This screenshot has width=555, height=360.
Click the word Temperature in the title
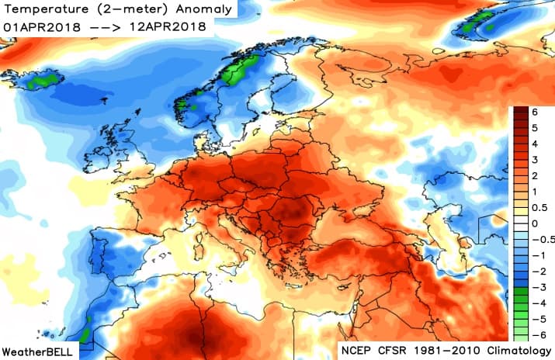point(46,9)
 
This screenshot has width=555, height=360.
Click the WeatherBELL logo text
point(38,351)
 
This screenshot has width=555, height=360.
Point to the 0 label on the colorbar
point(535,223)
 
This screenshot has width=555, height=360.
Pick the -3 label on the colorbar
point(533,288)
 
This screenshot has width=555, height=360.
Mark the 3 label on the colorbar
point(535,159)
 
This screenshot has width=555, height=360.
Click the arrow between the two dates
point(107,26)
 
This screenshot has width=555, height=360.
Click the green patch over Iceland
point(45,78)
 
